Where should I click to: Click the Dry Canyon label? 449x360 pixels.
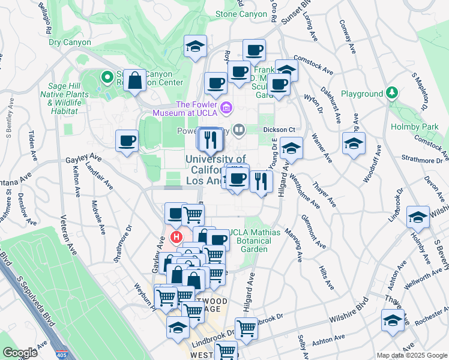coord(70,43)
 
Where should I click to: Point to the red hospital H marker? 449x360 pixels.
coord(176,237)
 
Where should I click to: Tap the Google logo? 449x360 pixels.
coord(20,353)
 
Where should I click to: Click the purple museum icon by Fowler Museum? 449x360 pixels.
coord(226,107)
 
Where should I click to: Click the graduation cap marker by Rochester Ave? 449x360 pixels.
coord(393,320)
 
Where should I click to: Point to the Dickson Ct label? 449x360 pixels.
coord(280,129)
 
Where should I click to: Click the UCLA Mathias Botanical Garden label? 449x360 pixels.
coord(249,241)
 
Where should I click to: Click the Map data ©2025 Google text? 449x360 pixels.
coord(411,355)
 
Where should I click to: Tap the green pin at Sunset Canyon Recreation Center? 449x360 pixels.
coord(107,77)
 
